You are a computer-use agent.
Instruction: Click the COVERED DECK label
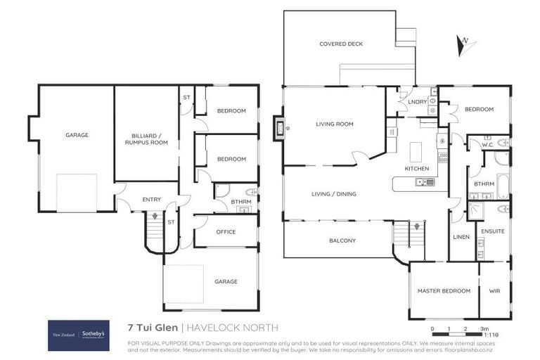pos(341,44)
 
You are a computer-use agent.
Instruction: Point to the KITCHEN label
pos(416,169)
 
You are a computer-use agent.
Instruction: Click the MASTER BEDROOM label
pos(443,290)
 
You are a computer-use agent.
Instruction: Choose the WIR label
pos(494,290)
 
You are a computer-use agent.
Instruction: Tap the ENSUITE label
pos(494,231)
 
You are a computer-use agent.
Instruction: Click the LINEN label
pos(461,237)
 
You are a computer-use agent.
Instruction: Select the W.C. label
pos(487,145)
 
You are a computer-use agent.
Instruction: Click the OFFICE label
pos(226,232)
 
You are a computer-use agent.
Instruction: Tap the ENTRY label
pos(151,200)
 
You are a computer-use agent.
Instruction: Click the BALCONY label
pos(342,240)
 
